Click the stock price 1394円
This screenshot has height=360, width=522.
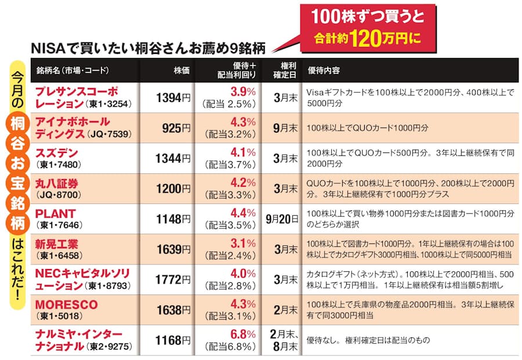point(172,98)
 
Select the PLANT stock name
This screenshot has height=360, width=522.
point(56,213)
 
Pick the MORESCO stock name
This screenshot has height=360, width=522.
point(66,304)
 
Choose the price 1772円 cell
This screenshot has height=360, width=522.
point(172,279)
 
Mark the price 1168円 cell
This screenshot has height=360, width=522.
point(172,340)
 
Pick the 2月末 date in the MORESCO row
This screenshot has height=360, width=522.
point(282,310)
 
